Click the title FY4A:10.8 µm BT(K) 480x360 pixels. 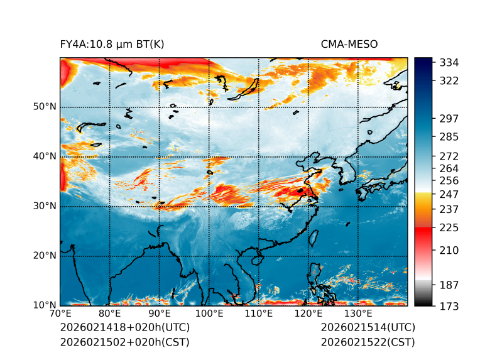tap(112, 44)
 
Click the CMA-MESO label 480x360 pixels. tap(349, 44)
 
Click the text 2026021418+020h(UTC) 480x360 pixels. tap(124, 328)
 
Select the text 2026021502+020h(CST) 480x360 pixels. tap(124, 342)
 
